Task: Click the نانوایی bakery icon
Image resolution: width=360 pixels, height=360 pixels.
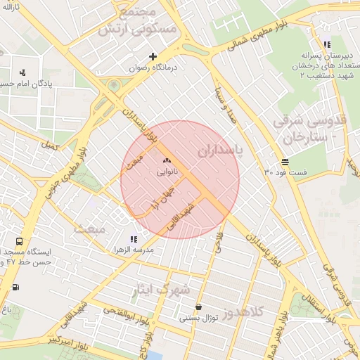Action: tap(167, 161)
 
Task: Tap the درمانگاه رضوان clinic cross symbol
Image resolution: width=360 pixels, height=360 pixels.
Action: tap(153, 56)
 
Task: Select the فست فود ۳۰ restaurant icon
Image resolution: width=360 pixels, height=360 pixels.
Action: tap(284, 161)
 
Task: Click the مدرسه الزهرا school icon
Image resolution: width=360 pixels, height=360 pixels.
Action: tap(134, 240)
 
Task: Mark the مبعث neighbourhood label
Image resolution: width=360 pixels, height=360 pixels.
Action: tap(89, 229)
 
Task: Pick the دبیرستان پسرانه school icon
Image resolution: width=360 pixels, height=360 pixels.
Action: tap(326, 44)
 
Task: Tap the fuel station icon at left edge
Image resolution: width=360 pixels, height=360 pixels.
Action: tap(15, 287)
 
